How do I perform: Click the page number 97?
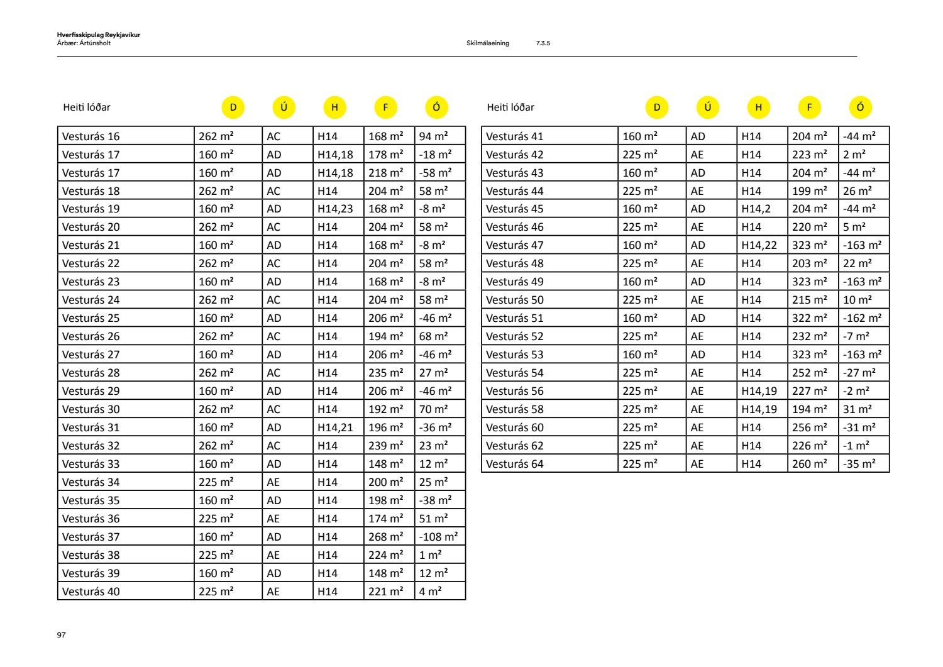[x=61, y=635]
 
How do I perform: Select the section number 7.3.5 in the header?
[x=543, y=43]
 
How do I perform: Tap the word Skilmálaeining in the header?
[x=488, y=43]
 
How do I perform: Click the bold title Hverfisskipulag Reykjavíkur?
[x=99, y=35]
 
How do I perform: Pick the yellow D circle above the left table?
[x=233, y=107]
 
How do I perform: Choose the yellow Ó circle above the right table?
[x=860, y=107]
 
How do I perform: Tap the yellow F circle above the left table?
[x=385, y=107]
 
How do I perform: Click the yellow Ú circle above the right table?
[x=708, y=107]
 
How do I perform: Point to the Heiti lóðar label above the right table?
[x=510, y=107]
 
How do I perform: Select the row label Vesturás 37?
[x=91, y=537]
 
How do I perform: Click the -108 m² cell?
[x=439, y=537]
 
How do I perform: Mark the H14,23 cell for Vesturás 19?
[x=336, y=209]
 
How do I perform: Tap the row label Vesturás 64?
[x=515, y=464]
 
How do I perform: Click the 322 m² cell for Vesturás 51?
[x=810, y=318]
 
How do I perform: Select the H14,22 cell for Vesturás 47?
[x=759, y=245]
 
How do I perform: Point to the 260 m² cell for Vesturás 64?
[x=810, y=464]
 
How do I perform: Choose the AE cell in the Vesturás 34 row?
[x=273, y=482]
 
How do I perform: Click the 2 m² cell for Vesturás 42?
[x=854, y=155]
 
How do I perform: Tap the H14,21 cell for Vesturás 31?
[x=336, y=427]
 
